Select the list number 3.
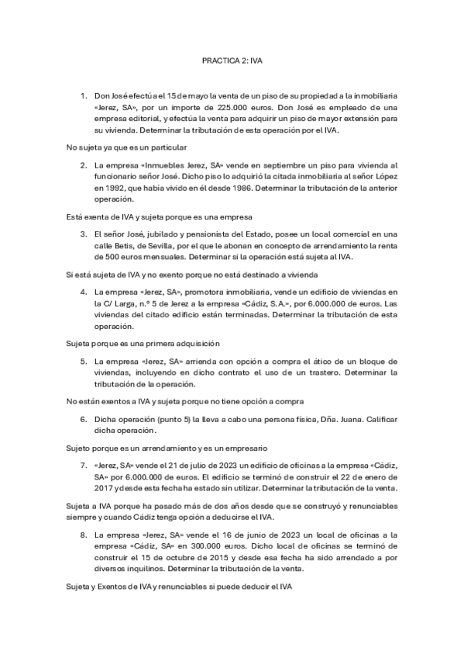84,234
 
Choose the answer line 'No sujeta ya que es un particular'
126,147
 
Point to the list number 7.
84,466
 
